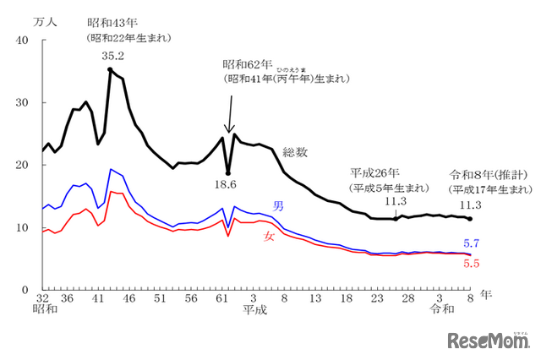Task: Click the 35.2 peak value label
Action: (x=112, y=56)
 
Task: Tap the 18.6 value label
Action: (x=226, y=183)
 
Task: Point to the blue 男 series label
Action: (x=277, y=206)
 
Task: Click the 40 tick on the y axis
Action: (x=23, y=41)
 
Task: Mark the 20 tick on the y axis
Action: (x=23, y=166)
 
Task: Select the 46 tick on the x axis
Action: (x=128, y=298)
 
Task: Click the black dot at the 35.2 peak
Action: (x=110, y=70)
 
